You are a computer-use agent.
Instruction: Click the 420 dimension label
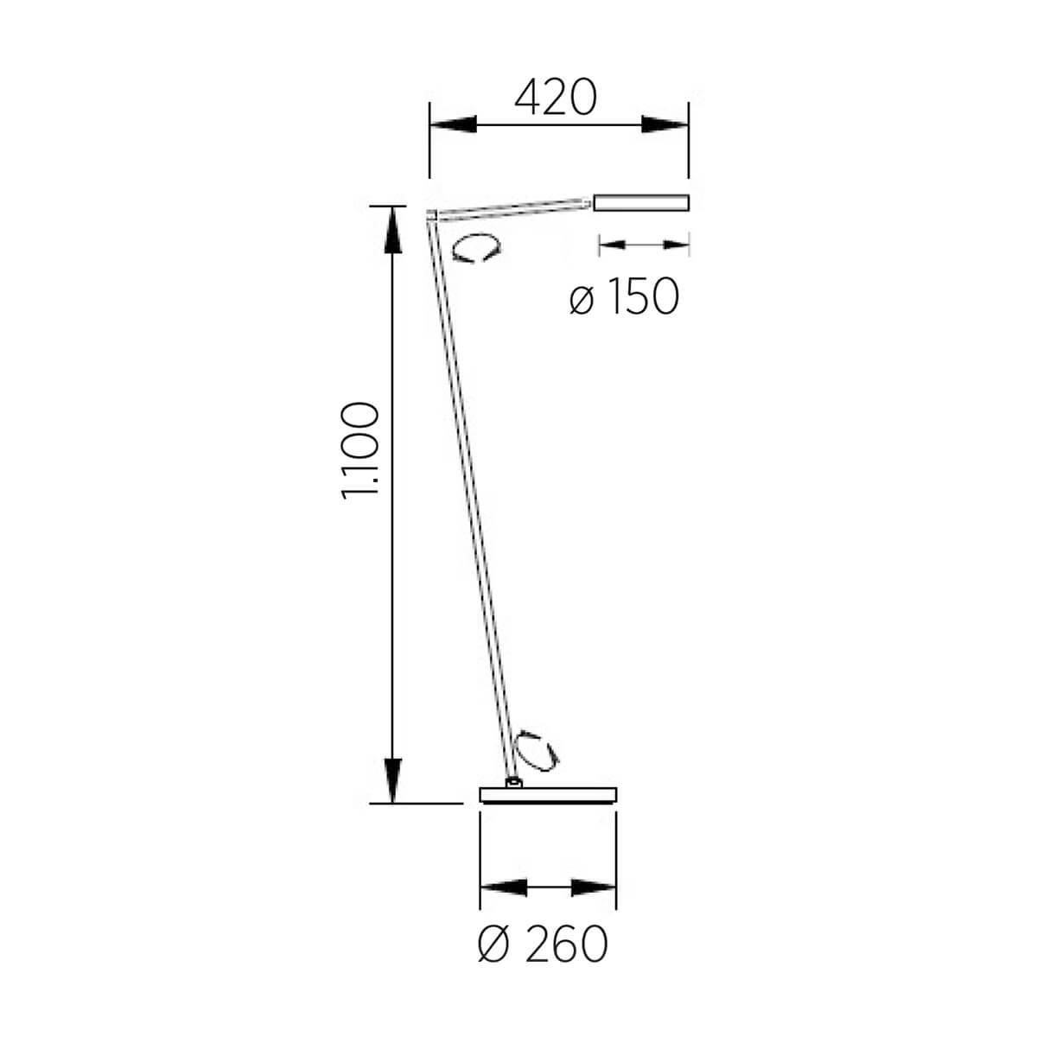(x=556, y=97)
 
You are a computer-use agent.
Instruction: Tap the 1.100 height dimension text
(x=360, y=451)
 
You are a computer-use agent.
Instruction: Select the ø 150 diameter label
(x=624, y=296)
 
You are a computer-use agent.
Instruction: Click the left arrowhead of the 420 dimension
(x=453, y=124)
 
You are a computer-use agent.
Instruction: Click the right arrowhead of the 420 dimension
(x=665, y=124)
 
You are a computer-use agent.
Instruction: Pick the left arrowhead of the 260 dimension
(x=503, y=887)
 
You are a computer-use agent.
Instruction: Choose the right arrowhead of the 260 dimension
(x=593, y=887)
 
